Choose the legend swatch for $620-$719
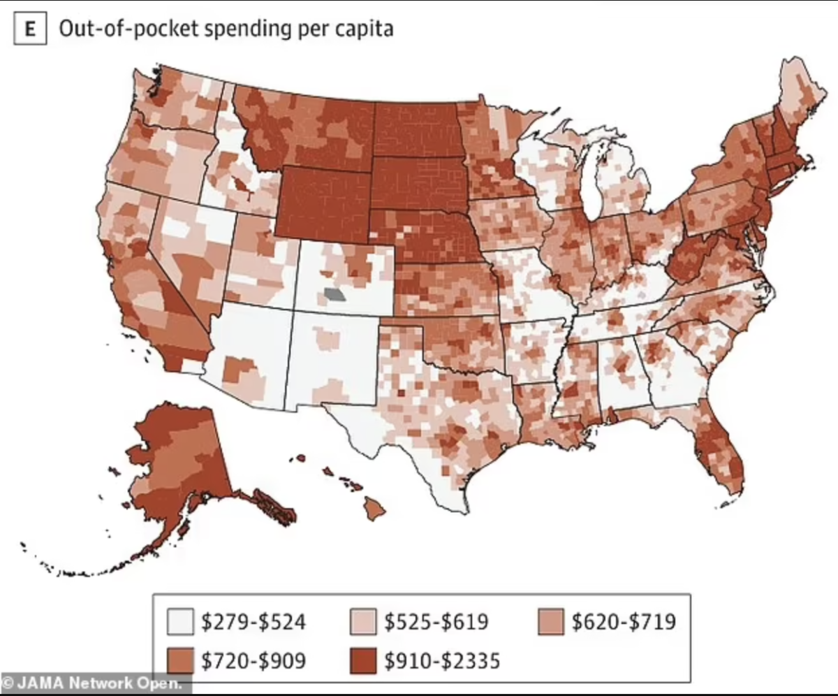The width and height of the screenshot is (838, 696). coord(550,621)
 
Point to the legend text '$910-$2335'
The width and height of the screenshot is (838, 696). coord(441,660)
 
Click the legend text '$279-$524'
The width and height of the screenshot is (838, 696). coord(253,621)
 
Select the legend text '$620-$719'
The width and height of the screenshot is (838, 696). coord(623,621)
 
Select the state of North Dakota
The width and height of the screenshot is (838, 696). coord(416,130)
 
